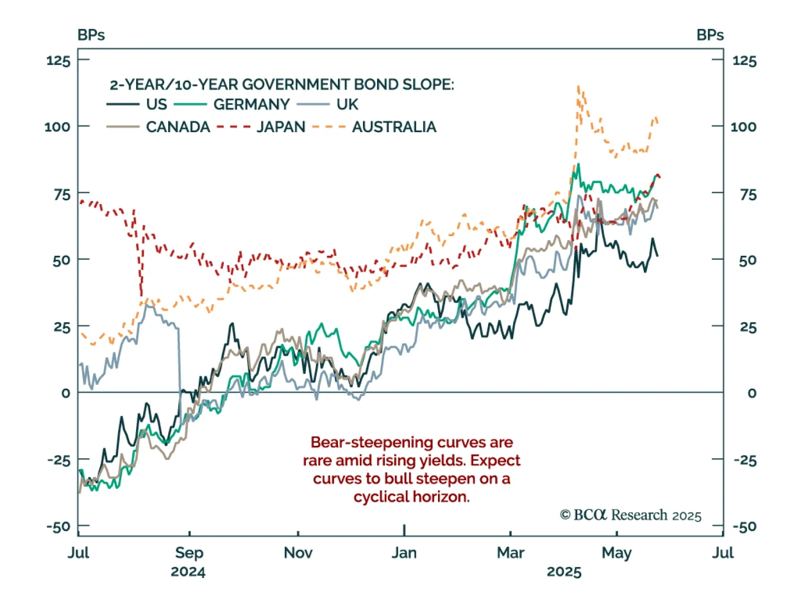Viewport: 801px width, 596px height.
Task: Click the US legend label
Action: tap(156, 104)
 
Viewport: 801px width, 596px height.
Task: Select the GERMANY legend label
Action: tap(251, 104)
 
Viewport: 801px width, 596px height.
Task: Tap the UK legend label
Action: tap(347, 104)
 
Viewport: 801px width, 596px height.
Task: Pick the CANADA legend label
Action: tap(178, 127)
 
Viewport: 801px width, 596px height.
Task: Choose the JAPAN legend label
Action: tap(281, 127)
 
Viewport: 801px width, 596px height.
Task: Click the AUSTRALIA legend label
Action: tap(394, 127)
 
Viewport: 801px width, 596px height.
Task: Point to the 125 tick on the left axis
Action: tap(58, 61)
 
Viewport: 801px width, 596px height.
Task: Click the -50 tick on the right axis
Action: tap(744, 526)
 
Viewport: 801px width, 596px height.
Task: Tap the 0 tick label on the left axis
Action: tap(66, 393)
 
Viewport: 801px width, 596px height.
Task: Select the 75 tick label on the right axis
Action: tap(748, 194)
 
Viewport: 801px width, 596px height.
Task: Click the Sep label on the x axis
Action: tap(189, 552)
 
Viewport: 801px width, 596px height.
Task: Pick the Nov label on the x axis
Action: tap(298, 552)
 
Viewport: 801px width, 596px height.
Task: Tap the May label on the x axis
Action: tap(616, 552)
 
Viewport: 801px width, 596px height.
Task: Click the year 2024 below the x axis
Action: tap(188, 571)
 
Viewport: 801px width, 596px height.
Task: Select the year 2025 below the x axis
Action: tap(564, 571)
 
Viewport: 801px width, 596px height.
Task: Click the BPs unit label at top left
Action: tap(91, 35)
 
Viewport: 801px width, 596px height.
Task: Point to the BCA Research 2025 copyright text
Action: tap(630, 515)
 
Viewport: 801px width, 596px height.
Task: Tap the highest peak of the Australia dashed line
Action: tap(579, 87)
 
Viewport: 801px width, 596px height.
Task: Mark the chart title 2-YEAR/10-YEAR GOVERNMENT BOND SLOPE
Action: tap(281, 84)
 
